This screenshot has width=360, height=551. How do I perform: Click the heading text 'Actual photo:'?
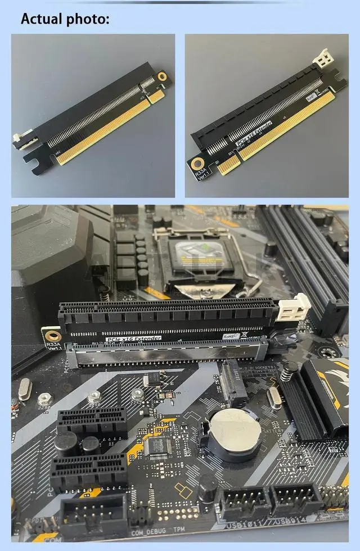coord(65,19)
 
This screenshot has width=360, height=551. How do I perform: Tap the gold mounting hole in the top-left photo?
coord(163,76)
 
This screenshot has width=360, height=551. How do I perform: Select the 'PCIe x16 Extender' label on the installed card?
coord(133,338)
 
